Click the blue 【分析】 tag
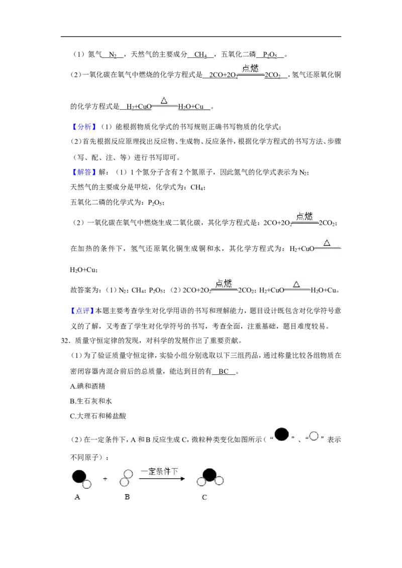coord(84,127)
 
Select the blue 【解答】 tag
coord(84,172)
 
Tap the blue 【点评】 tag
coord(82,311)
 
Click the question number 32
coord(65,341)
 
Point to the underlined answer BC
coord(224,371)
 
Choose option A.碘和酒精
coord(87,386)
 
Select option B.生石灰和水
coord(91,401)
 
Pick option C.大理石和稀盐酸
coord(98,416)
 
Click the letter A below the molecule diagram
coord(77,497)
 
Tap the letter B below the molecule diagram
coord(127,497)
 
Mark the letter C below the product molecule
coord(204,497)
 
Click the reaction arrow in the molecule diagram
coord(162,479)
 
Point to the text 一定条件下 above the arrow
coord(160,471)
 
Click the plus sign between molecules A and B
coord(105,479)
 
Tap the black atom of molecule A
coord(79,476)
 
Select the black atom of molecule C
coord(210,475)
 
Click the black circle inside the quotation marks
coord(282,435)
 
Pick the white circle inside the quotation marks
coord(314,436)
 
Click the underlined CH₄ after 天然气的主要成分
coord(200,55)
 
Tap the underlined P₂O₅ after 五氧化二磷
coord(270,55)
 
